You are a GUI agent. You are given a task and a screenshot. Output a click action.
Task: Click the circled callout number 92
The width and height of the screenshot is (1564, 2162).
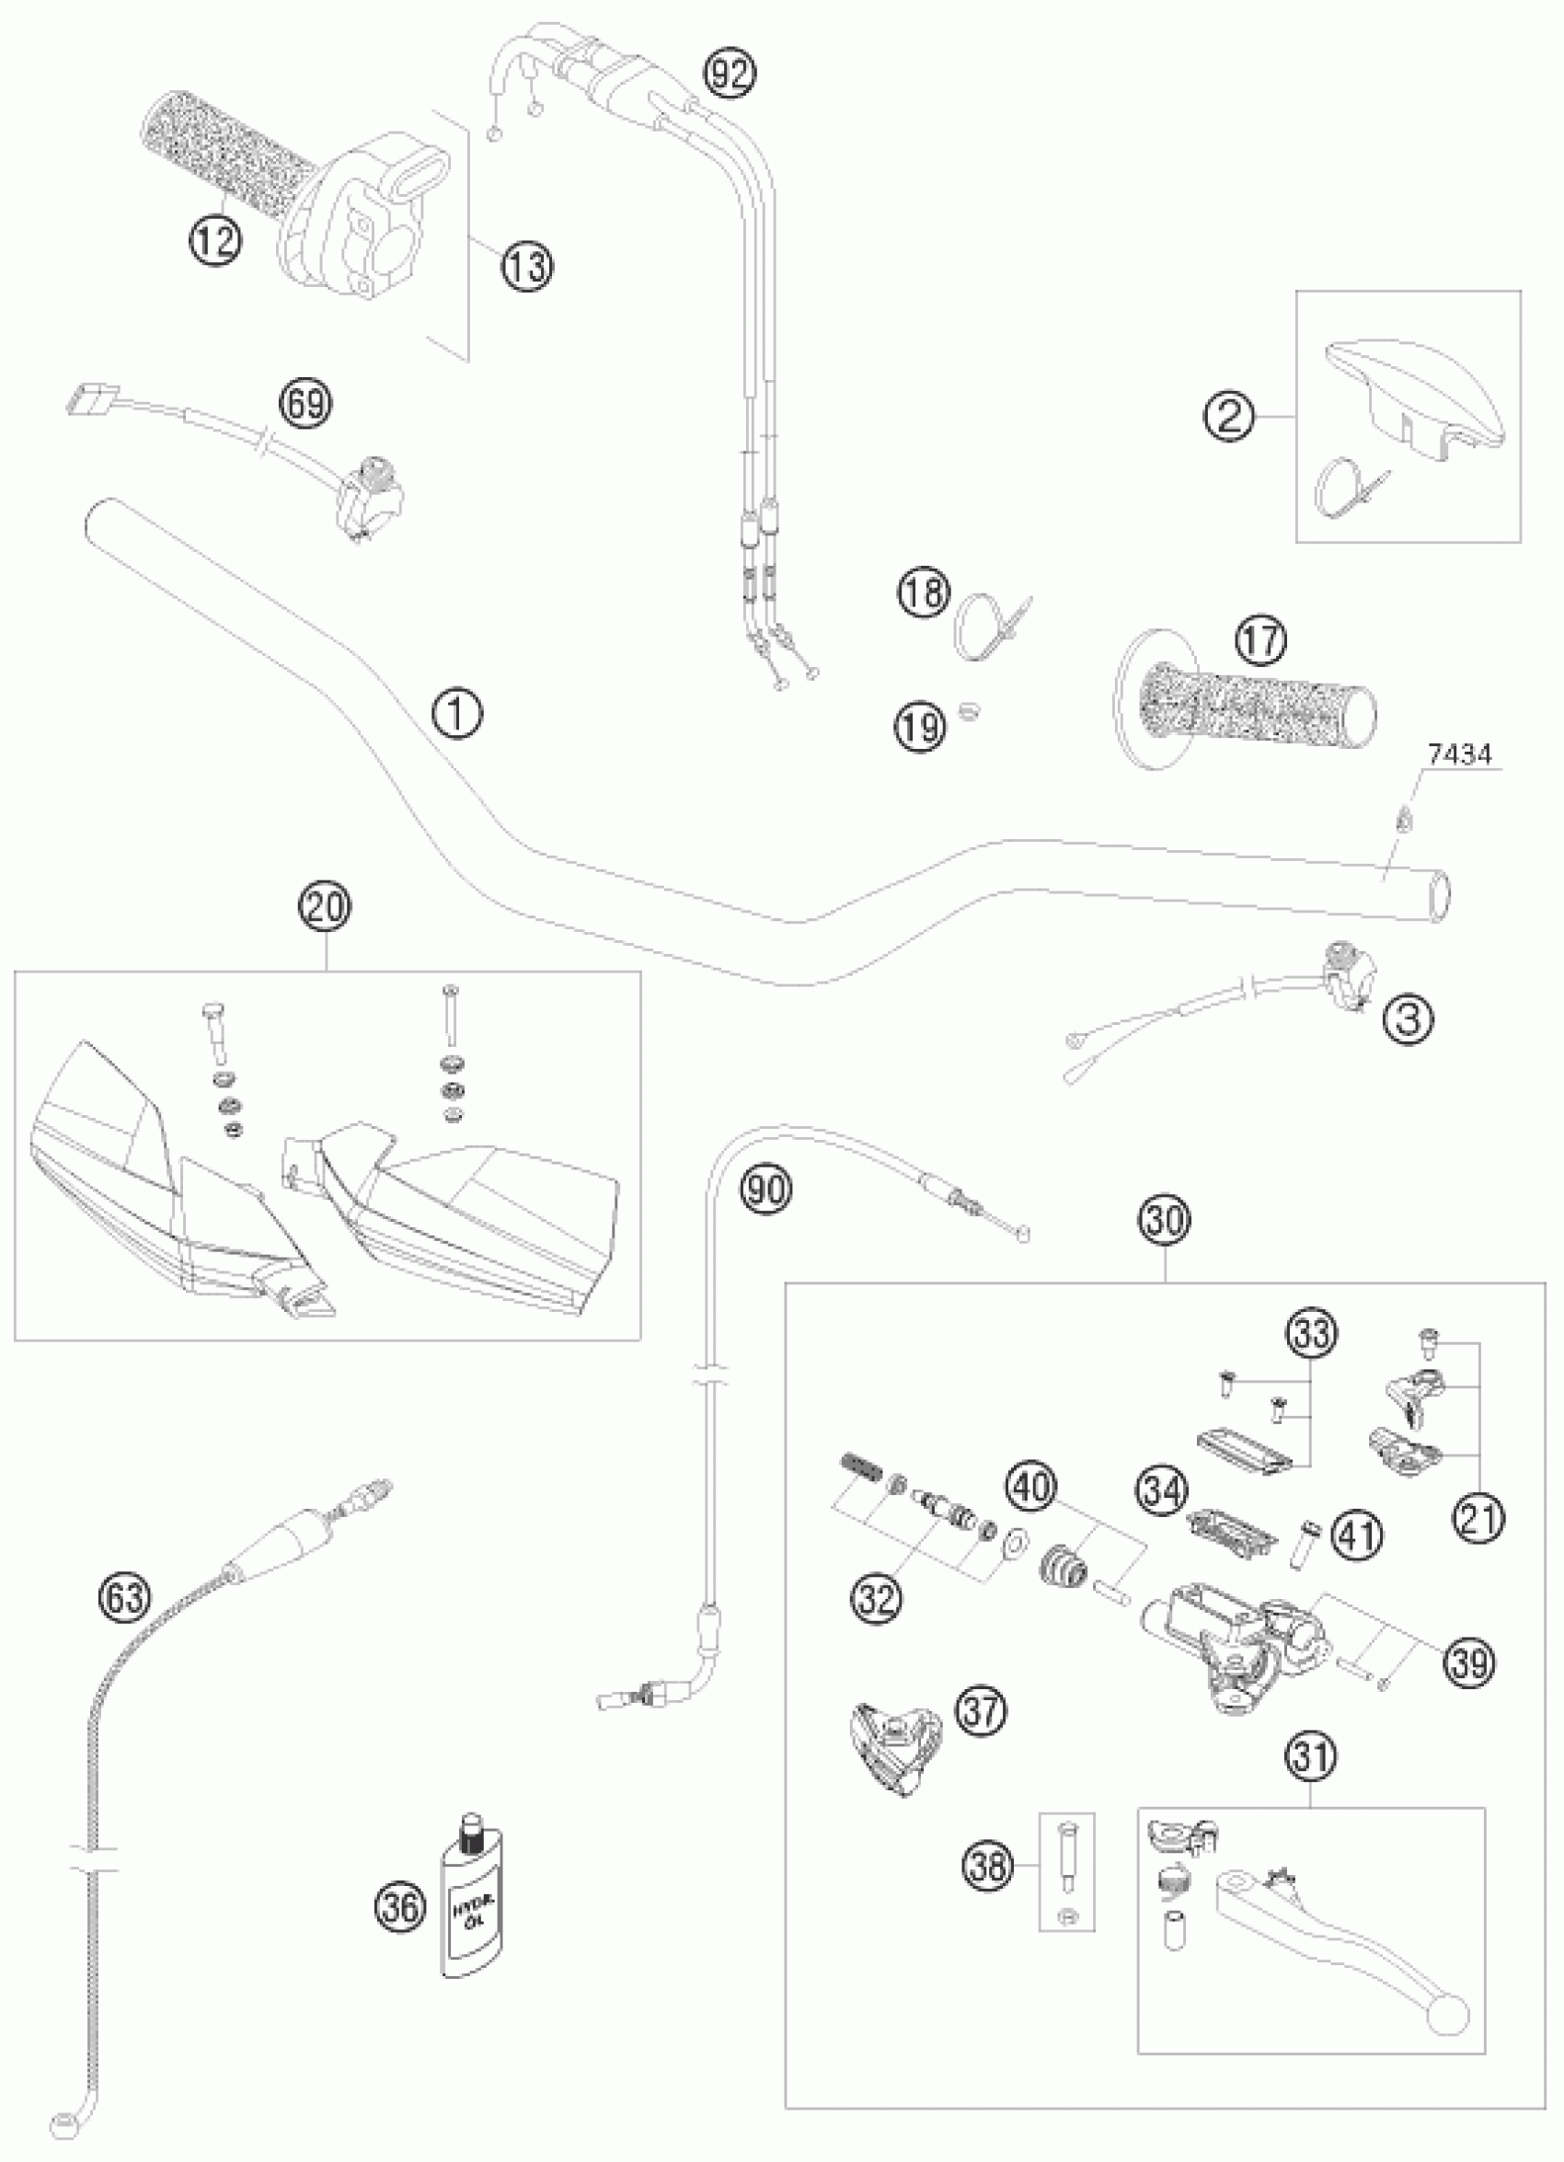(x=730, y=75)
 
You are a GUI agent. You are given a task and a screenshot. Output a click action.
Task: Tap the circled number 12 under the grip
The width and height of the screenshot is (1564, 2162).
(x=215, y=242)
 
